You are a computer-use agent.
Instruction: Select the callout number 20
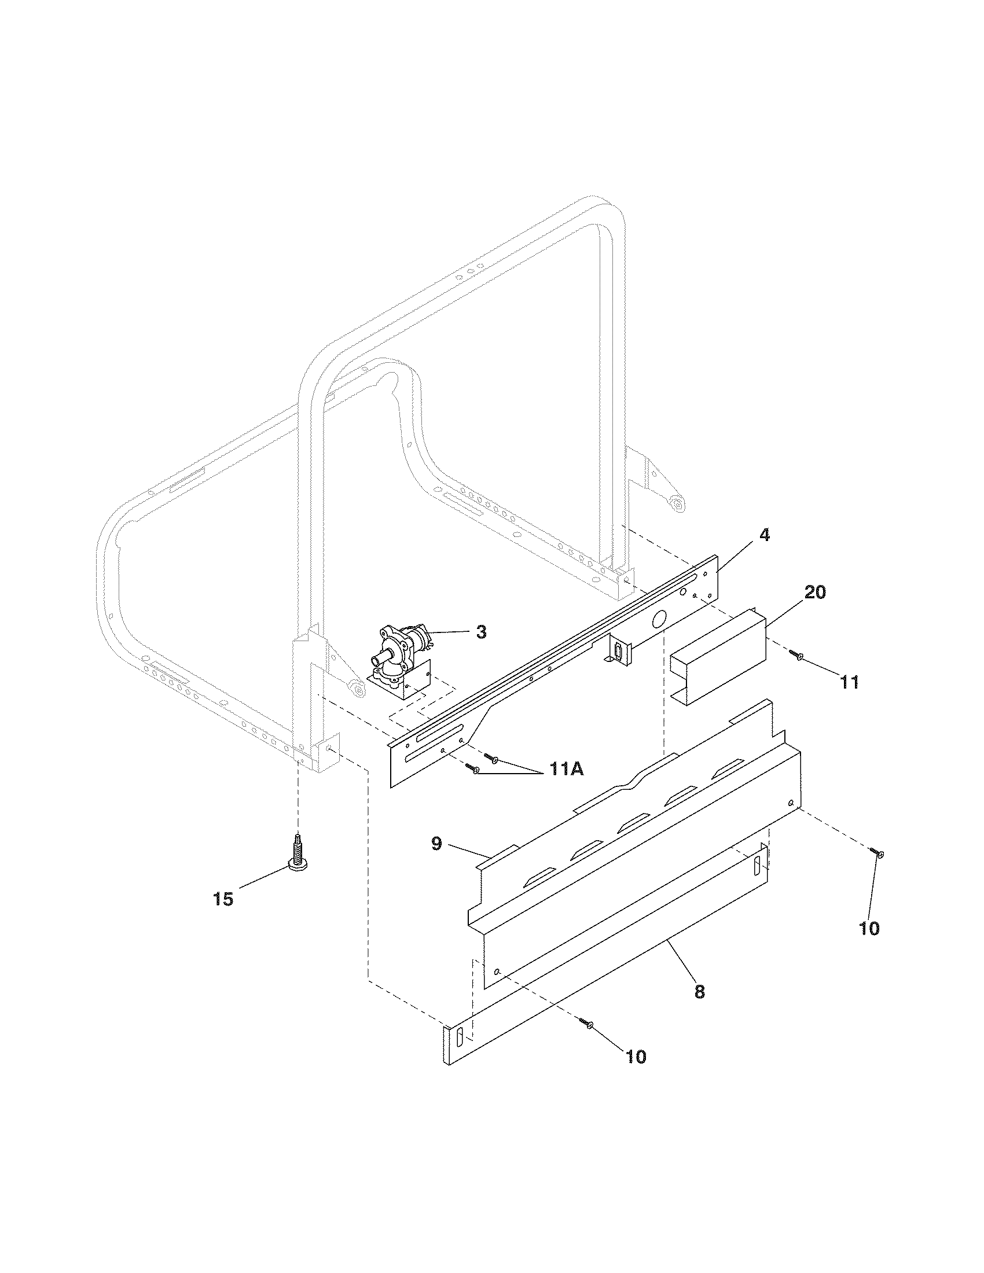point(815,592)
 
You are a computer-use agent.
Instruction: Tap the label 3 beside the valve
point(481,632)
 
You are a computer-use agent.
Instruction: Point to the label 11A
point(564,770)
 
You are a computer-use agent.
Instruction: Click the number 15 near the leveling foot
point(223,899)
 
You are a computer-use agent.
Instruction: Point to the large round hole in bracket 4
point(658,619)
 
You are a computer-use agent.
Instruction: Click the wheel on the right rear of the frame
point(677,502)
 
